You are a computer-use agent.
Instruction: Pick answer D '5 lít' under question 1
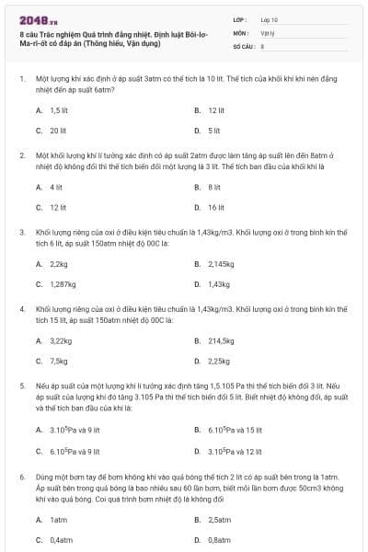[x=213, y=130]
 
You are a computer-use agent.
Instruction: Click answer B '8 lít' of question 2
[x=213, y=187]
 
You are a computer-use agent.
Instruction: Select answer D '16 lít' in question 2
[x=216, y=207]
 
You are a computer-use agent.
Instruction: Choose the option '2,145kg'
[x=221, y=264]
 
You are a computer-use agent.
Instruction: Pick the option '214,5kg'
[x=221, y=340]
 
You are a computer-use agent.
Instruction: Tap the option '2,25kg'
[x=219, y=361]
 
